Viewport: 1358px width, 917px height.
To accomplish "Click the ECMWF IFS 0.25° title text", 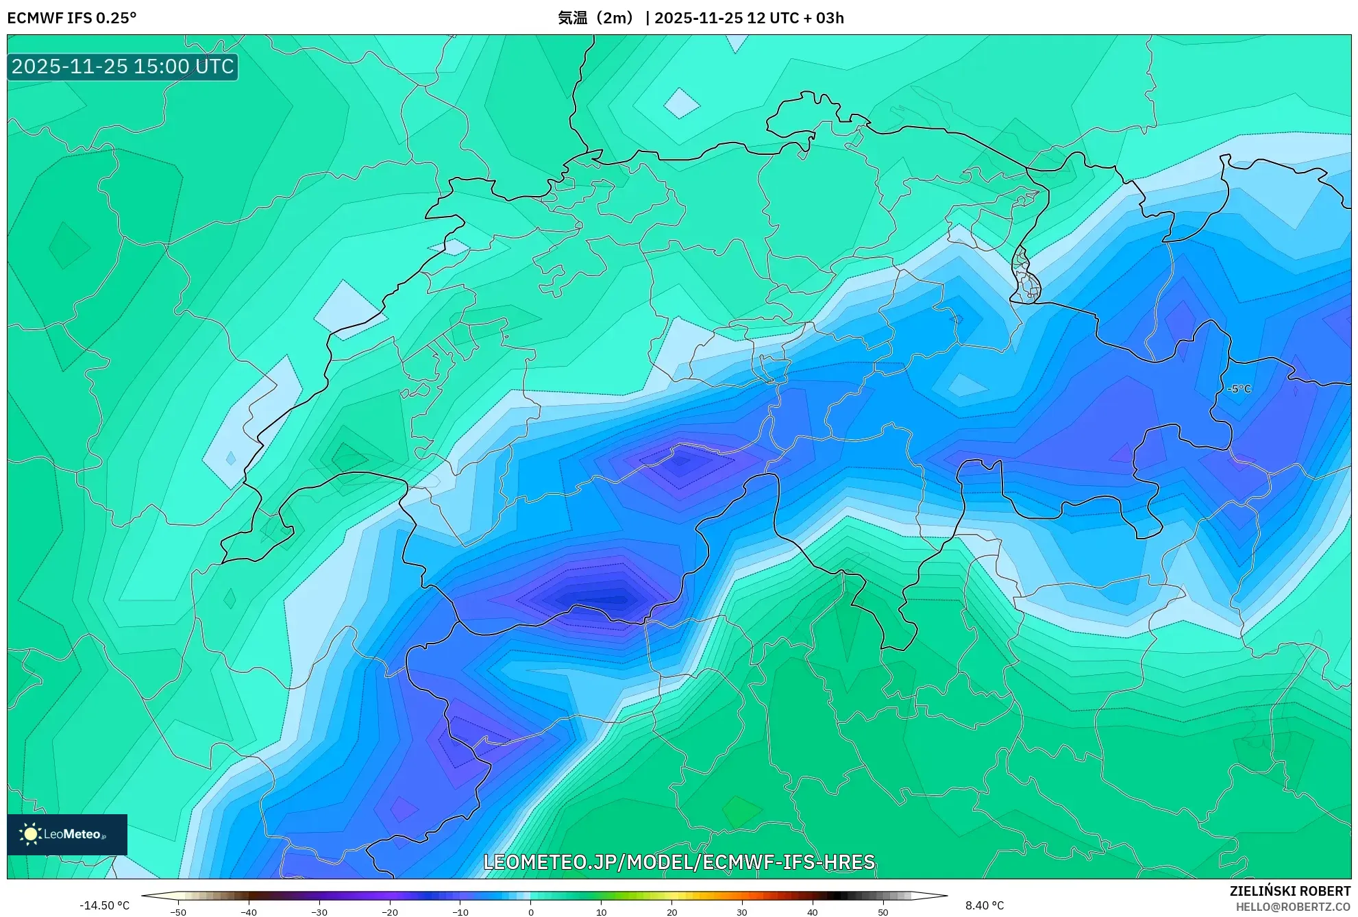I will pyautogui.click(x=72, y=18).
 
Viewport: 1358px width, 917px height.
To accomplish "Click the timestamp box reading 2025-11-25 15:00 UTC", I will pyautogui.click(x=123, y=66).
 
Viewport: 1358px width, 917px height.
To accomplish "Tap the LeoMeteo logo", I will pyautogui.click(x=67, y=834).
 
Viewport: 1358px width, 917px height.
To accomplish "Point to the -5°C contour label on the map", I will pyautogui.click(x=1239, y=389).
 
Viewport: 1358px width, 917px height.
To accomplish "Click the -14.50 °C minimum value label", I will pyautogui.click(x=104, y=905).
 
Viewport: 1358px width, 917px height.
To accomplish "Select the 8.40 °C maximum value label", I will pyautogui.click(x=984, y=905).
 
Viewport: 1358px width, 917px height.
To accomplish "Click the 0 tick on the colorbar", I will pyautogui.click(x=531, y=912).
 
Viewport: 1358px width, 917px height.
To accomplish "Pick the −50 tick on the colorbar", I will pyautogui.click(x=178, y=912).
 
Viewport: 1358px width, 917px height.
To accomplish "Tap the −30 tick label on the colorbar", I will pyautogui.click(x=319, y=912).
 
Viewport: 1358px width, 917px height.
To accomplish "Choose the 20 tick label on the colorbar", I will pyautogui.click(x=671, y=912).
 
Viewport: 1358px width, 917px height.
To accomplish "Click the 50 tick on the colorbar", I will pyautogui.click(x=883, y=912).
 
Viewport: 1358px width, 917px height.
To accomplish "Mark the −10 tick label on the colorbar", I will pyautogui.click(x=460, y=912).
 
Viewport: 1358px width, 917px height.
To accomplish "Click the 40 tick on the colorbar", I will pyautogui.click(x=813, y=912).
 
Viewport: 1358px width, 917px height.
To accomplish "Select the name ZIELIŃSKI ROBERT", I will pyautogui.click(x=1289, y=891).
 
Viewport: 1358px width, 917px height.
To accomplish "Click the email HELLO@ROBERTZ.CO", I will pyautogui.click(x=1292, y=907).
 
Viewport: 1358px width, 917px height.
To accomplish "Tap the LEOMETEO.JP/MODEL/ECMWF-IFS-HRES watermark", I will pyautogui.click(x=679, y=861).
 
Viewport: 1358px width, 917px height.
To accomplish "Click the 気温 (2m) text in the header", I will pyautogui.click(x=595, y=18).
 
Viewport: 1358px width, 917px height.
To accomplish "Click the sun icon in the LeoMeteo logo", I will pyautogui.click(x=30, y=834).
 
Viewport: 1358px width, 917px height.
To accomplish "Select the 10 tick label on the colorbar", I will pyautogui.click(x=601, y=912).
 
